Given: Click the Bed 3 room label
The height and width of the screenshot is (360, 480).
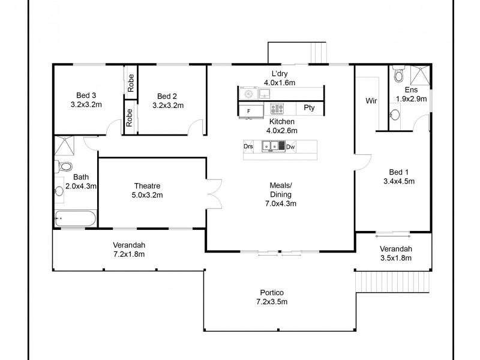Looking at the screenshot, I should pyautogui.click(x=86, y=95).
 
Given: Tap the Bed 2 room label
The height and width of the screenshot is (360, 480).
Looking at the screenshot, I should pyautogui.click(x=167, y=95).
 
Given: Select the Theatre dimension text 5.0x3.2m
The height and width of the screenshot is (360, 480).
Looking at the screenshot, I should pyautogui.click(x=148, y=195).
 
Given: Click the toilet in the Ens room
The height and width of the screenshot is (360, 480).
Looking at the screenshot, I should pyautogui.click(x=398, y=76).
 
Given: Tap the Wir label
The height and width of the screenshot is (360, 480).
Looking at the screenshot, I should pyautogui.click(x=371, y=101).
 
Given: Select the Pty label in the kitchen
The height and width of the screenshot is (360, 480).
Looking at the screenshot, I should pyautogui.click(x=309, y=109).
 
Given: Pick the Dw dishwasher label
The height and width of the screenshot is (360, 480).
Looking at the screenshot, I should pyautogui.click(x=290, y=146).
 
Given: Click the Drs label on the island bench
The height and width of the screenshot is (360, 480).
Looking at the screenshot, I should pyautogui.click(x=248, y=146).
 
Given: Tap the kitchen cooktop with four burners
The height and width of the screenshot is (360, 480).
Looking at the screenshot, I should pyautogui.click(x=276, y=109).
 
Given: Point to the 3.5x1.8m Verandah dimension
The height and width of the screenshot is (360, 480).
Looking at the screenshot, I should pyautogui.click(x=396, y=258).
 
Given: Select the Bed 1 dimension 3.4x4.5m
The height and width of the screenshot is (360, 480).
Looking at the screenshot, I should pyautogui.click(x=399, y=181).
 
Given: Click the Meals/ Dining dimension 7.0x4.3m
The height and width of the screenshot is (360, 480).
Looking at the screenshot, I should pyautogui.click(x=280, y=203).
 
